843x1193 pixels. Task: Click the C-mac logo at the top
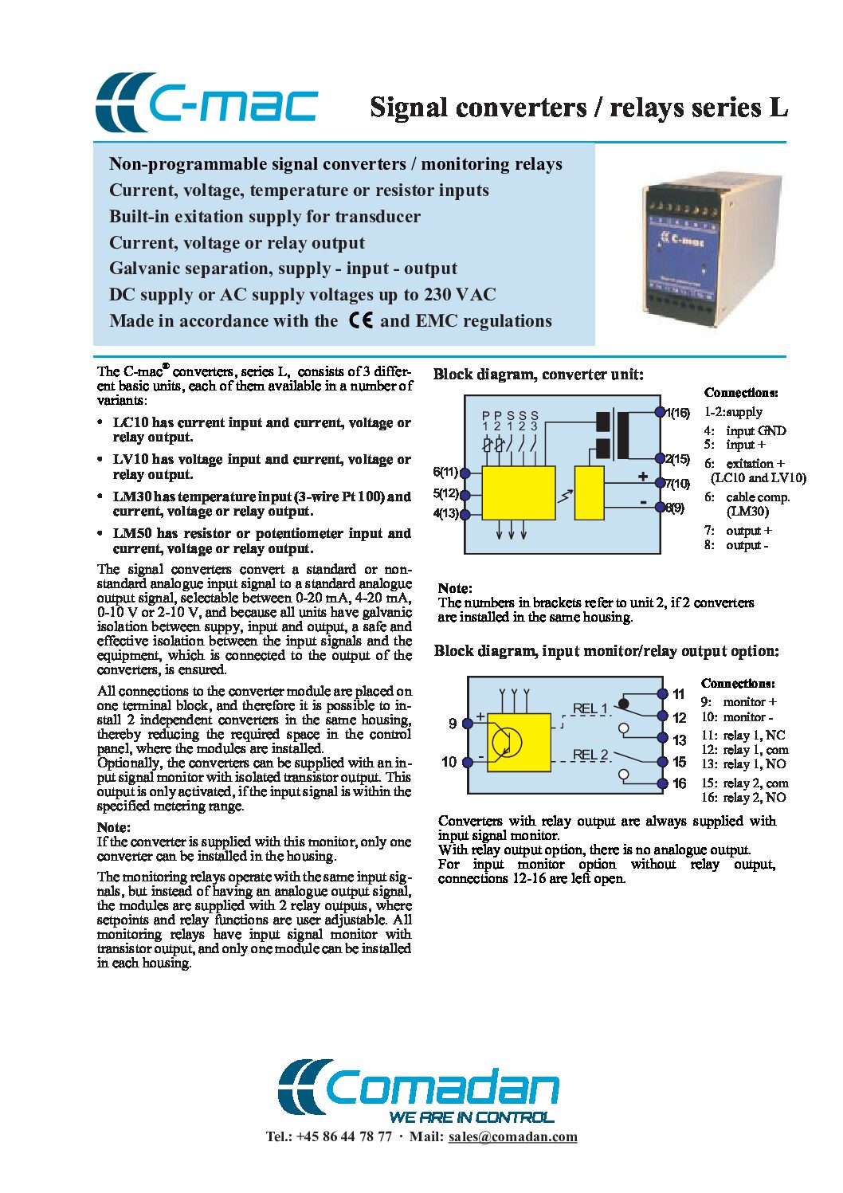click(x=206, y=104)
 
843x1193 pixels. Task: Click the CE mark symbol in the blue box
click(x=361, y=320)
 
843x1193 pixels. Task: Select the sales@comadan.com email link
click(x=512, y=1136)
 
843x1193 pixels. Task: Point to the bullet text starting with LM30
click(x=261, y=504)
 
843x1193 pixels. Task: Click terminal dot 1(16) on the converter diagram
click(x=660, y=412)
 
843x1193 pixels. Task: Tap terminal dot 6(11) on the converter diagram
click(x=465, y=473)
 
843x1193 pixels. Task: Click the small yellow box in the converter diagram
click(x=589, y=493)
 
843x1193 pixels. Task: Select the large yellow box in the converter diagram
click(x=518, y=493)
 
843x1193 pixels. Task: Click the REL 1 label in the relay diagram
click(x=590, y=708)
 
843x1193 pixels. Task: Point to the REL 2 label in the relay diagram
click(x=590, y=755)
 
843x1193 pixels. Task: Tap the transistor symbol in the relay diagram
click(x=506, y=742)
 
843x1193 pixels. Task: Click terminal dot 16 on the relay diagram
click(x=661, y=783)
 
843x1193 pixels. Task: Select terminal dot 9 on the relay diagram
click(x=468, y=723)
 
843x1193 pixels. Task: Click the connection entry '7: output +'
click(x=738, y=531)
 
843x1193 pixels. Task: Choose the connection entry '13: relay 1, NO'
click(x=743, y=764)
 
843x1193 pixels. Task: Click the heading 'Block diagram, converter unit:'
click(x=539, y=375)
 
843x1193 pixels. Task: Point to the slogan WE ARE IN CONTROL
click(x=471, y=1116)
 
